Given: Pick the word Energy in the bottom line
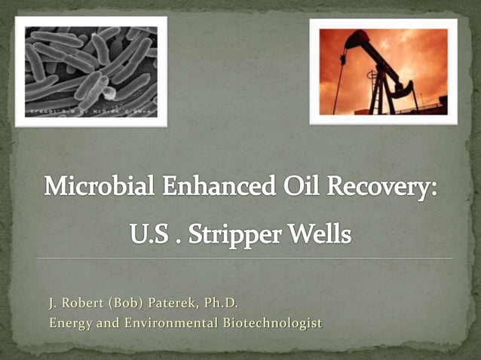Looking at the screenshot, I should tap(70, 323).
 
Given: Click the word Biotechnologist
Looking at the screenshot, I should tap(267, 323).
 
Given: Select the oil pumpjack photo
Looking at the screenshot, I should tap(383, 72).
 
